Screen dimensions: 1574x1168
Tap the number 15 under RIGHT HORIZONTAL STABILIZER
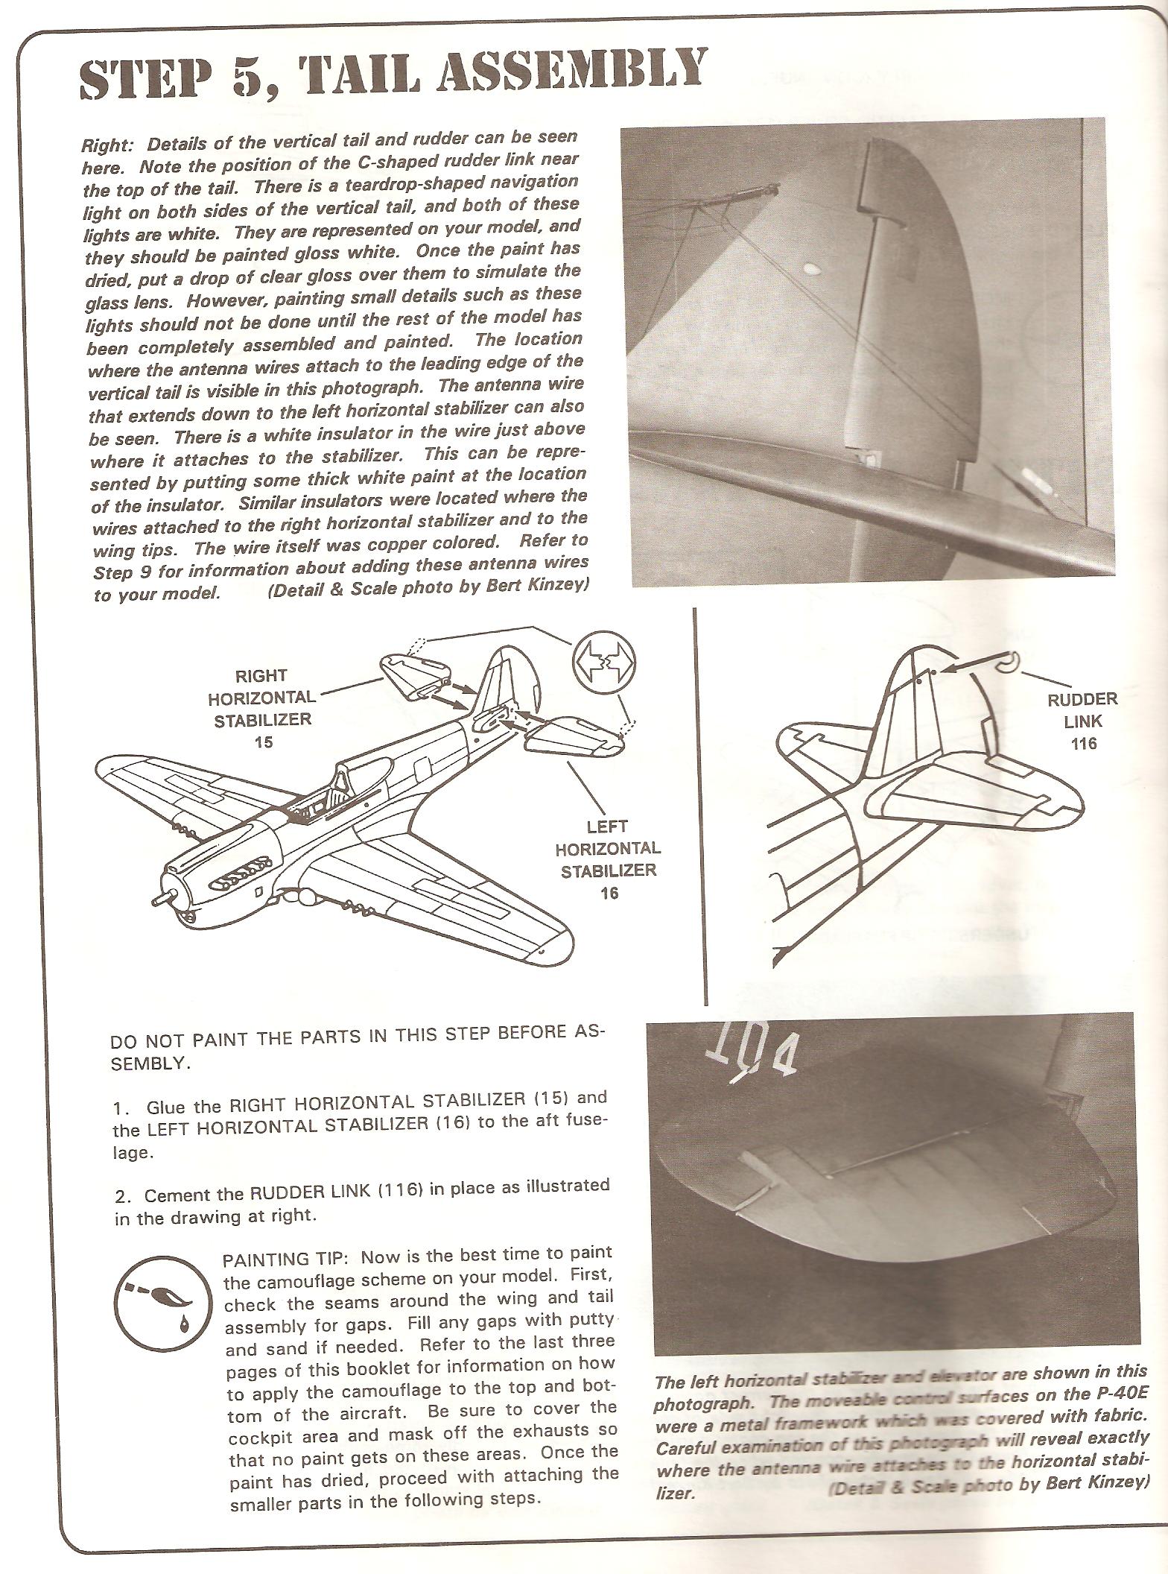[263, 742]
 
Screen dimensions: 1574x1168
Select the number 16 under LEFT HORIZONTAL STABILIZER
[609, 892]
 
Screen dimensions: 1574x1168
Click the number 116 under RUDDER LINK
[1082, 743]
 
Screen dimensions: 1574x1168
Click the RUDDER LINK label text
[1082, 710]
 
